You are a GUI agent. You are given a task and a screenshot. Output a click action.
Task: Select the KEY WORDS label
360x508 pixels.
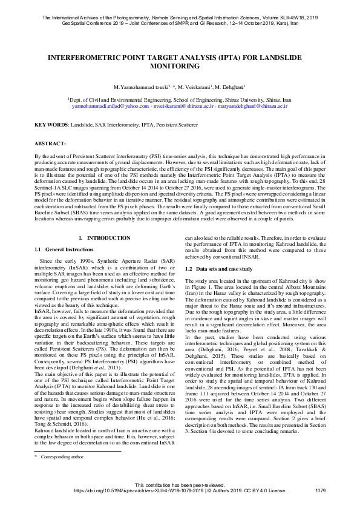[51, 125]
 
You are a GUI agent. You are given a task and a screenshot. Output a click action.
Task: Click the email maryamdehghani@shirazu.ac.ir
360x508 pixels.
[254, 105]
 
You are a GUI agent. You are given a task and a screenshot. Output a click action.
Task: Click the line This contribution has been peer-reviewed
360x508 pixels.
[180, 484]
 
